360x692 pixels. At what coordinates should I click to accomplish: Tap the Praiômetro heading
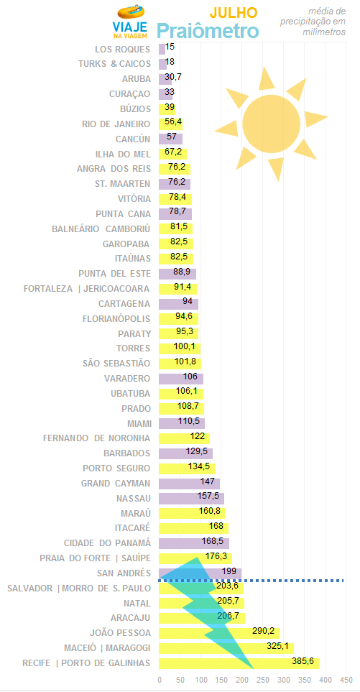click(x=208, y=32)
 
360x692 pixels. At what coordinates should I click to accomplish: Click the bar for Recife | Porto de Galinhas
click(x=239, y=663)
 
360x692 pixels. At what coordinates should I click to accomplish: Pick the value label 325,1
click(x=277, y=646)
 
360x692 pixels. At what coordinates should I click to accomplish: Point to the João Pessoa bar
click(x=219, y=633)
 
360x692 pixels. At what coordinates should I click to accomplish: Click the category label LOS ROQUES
click(x=123, y=49)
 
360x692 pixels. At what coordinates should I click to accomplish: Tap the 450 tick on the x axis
click(x=346, y=679)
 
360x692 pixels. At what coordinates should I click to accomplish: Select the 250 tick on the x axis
click(x=263, y=679)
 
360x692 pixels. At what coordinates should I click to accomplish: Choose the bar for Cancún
click(x=171, y=139)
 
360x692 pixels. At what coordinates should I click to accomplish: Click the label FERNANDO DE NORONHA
click(x=96, y=438)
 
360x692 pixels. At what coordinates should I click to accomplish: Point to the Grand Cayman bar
click(x=189, y=484)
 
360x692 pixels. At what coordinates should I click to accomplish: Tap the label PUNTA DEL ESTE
click(x=115, y=274)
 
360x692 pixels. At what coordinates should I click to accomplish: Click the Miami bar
click(x=182, y=424)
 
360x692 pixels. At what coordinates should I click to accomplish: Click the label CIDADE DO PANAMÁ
click(x=108, y=543)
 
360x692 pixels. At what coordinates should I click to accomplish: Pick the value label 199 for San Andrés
click(x=229, y=571)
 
